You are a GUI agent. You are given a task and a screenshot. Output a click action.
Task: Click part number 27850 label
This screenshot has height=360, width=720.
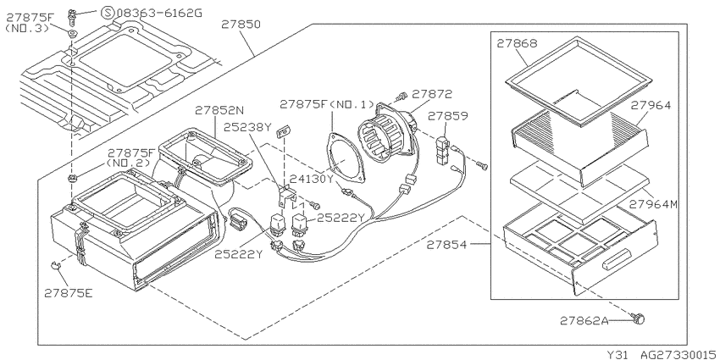click(x=241, y=24)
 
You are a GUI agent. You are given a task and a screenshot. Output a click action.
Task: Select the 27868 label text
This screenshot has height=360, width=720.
click(x=517, y=43)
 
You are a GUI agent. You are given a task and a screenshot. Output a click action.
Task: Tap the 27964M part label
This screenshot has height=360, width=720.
click(x=653, y=204)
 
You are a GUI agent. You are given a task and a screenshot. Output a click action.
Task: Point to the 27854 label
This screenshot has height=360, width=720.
click(x=446, y=245)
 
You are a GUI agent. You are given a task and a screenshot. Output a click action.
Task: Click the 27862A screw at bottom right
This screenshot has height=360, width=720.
click(x=638, y=318)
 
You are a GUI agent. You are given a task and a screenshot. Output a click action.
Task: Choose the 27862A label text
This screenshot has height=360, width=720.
click(x=584, y=320)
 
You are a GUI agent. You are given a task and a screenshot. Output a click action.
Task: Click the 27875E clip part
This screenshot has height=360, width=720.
click(x=55, y=265)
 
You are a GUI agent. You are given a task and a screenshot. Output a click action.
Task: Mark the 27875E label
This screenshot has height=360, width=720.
click(x=69, y=292)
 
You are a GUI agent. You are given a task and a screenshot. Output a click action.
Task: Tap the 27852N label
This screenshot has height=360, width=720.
click(x=219, y=111)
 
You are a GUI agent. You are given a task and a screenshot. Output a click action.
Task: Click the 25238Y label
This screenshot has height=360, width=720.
click(x=248, y=127)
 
